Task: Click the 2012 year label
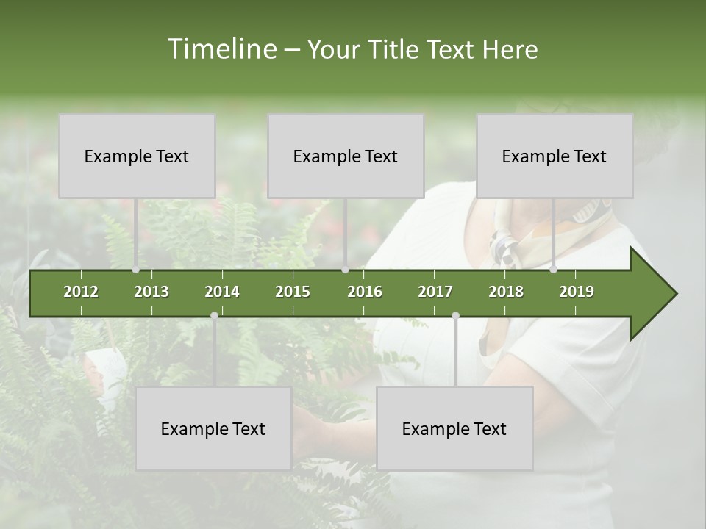coord(81,292)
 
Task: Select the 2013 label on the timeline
coord(151,292)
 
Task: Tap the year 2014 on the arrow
coord(222,292)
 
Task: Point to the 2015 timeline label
coord(293,292)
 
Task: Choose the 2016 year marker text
coord(365,292)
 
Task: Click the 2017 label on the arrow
coord(435,292)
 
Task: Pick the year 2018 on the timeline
coord(506,292)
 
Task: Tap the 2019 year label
coord(577,292)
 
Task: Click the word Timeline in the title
coord(220,49)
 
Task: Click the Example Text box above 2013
coord(137,156)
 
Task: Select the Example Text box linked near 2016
coord(346,156)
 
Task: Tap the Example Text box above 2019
coord(555,156)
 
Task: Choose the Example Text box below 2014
coord(213,428)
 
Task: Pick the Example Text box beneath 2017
coord(454,428)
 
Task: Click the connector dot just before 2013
coord(135,270)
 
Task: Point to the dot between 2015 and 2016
coord(345,270)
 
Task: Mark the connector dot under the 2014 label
coord(214,316)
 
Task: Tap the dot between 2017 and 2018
coord(455,316)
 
